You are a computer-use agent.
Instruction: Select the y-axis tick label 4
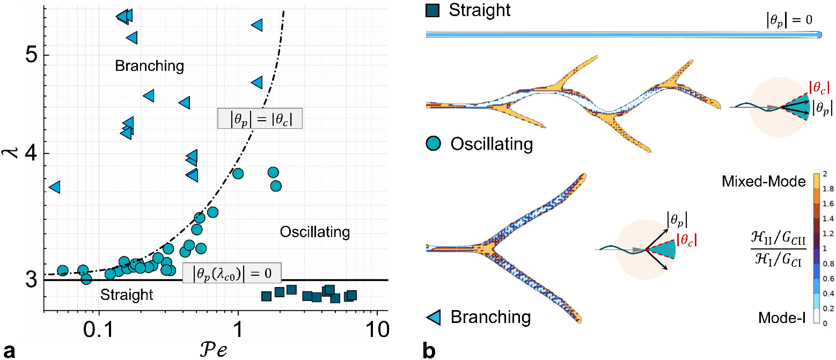tap(31, 153)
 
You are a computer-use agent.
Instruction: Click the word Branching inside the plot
tap(150, 66)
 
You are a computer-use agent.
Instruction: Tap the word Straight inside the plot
tap(127, 295)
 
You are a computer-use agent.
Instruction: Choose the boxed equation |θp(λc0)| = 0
tap(231, 273)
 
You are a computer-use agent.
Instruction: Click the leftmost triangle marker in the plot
tap(54, 187)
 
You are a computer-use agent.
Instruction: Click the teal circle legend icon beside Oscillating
tap(434, 144)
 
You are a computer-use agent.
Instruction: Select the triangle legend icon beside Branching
tap(434, 317)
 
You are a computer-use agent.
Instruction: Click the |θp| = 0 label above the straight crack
tap(789, 21)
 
